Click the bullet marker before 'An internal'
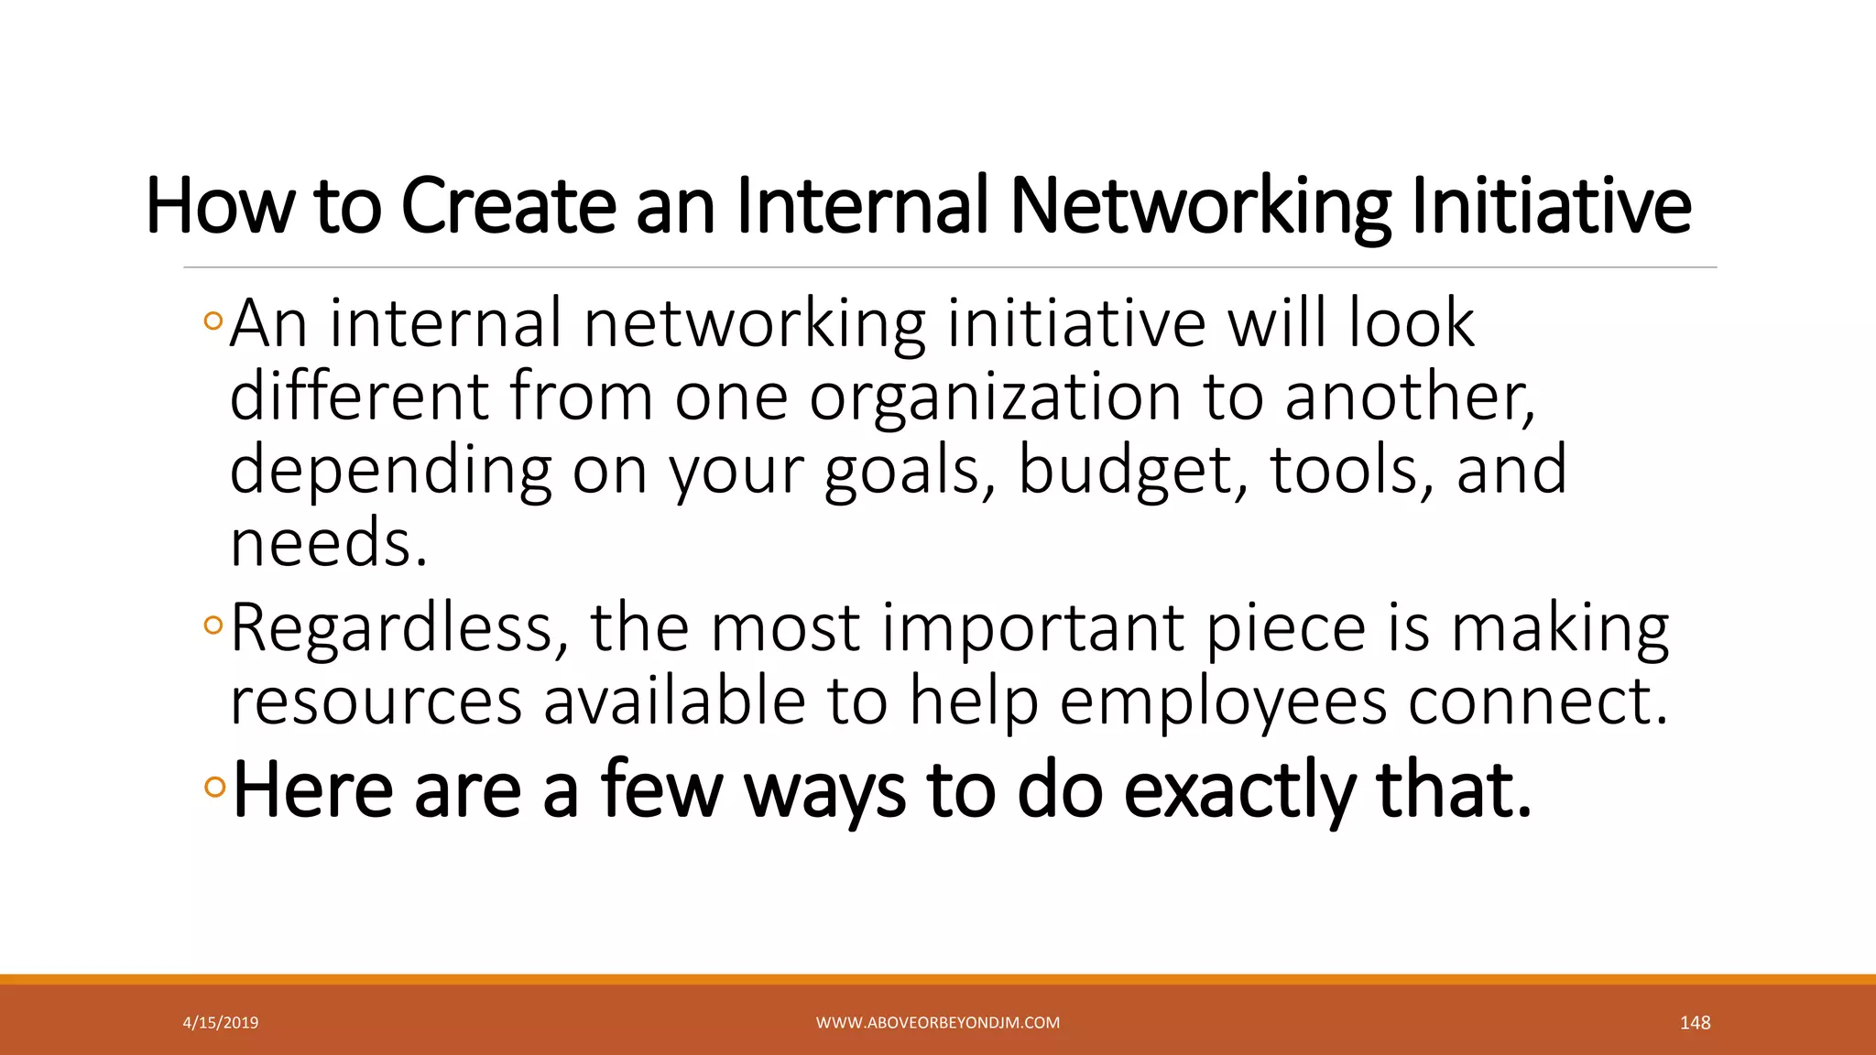tap(213, 321)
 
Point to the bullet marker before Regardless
tap(213, 625)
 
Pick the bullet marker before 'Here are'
tap(215, 787)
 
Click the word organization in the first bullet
tap(995, 397)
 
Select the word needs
tap(328, 542)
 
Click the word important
tap(1033, 629)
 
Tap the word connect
tap(1538, 702)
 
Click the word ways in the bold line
tap(824, 789)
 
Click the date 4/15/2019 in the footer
tap(221, 1023)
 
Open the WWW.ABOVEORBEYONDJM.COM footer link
tap(938, 1023)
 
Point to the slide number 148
tap(1695, 1023)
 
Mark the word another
tap(1409, 397)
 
